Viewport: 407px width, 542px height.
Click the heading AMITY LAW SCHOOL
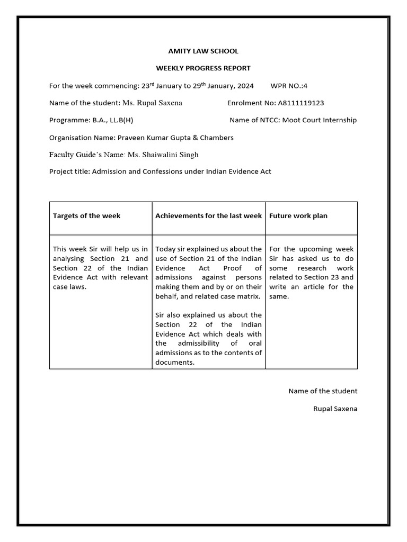coord(203,51)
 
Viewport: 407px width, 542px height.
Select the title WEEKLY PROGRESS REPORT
coord(203,68)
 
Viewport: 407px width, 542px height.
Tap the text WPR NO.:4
coord(289,86)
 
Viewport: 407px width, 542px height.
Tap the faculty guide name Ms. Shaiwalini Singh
coord(163,155)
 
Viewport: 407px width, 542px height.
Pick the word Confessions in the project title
coord(162,171)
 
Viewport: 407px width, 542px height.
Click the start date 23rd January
coord(162,86)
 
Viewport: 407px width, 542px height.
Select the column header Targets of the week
coord(86,215)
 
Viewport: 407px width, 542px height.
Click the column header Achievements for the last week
coord(208,215)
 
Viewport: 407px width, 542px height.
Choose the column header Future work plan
coord(298,215)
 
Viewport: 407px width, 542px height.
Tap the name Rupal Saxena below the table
coord(335,409)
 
